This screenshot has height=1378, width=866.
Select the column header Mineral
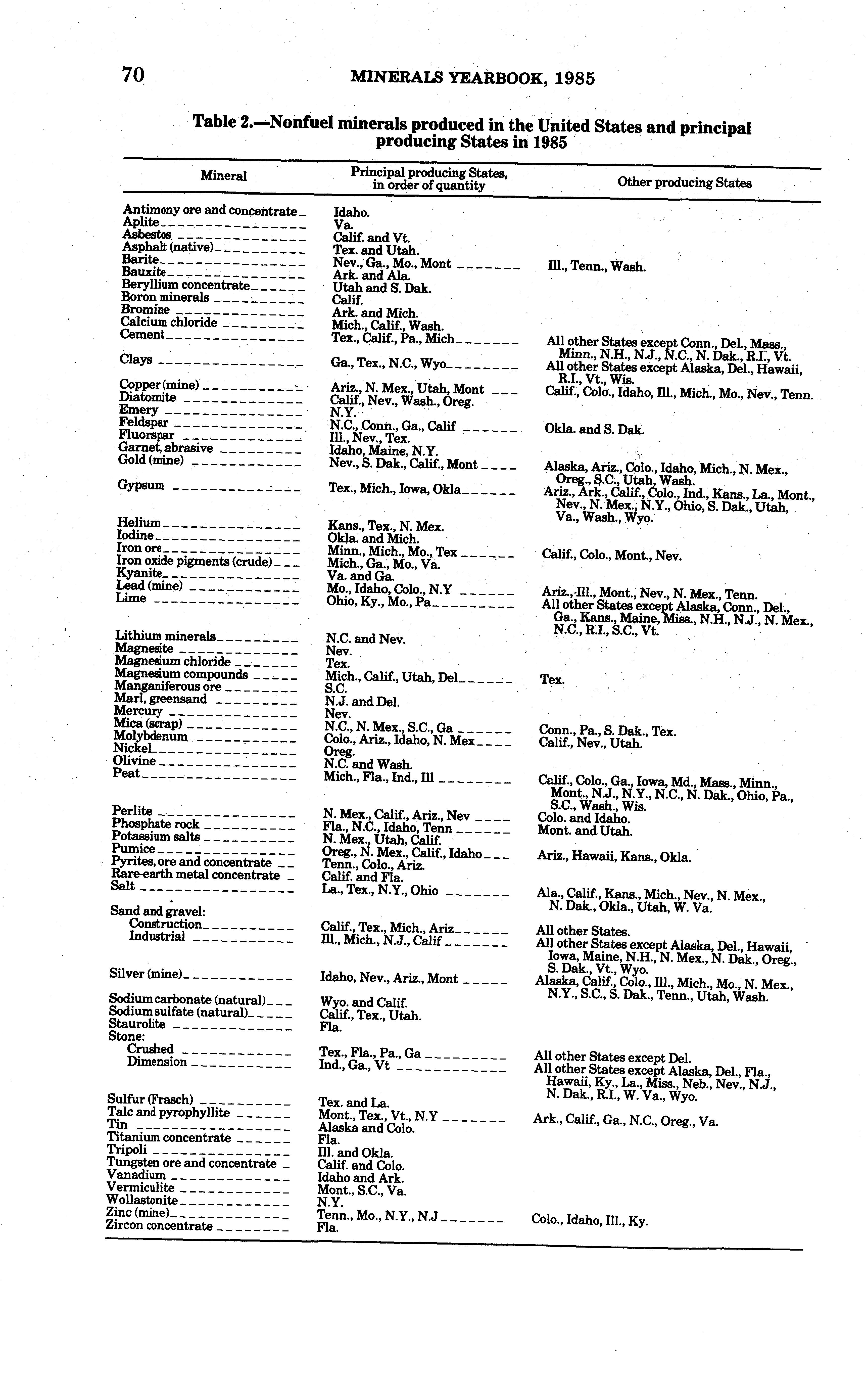pos(224,176)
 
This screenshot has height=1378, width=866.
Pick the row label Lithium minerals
pos(165,636)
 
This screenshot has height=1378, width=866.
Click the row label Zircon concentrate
pos(159,1226)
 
